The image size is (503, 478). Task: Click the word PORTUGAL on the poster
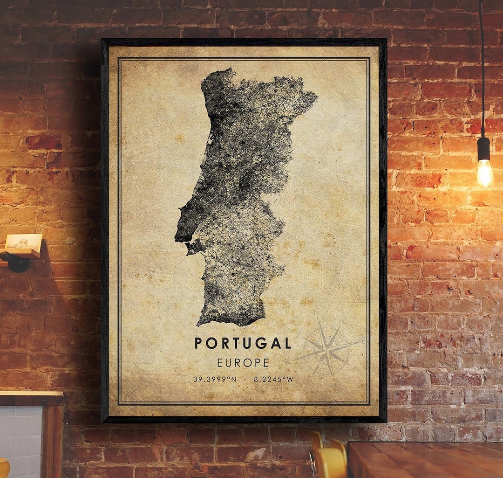243,343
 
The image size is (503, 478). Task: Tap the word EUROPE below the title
243,362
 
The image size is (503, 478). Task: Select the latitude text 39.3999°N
215,379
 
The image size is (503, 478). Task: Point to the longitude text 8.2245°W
274,379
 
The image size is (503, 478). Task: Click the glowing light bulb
485,173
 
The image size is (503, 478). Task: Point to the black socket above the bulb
484,148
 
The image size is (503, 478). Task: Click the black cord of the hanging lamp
481,70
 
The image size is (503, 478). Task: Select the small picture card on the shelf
23,242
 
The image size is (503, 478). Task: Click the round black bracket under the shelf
18,263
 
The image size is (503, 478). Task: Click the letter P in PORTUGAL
198,343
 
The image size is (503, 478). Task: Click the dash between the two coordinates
245,379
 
